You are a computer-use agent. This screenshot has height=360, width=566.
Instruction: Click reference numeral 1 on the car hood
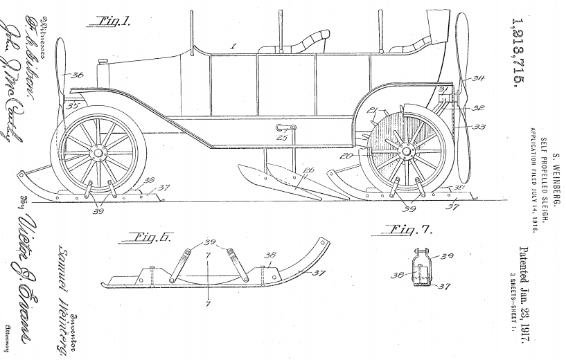click(x=233, y=46)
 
